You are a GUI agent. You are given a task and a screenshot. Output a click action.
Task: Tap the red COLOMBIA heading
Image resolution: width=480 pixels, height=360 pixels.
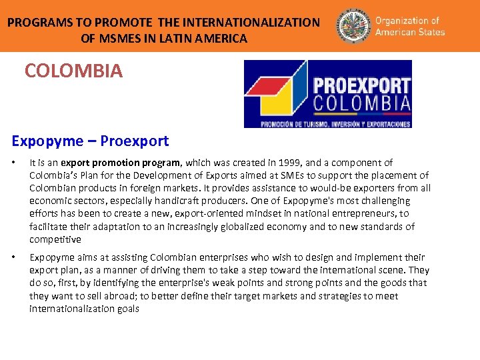pos(73,71)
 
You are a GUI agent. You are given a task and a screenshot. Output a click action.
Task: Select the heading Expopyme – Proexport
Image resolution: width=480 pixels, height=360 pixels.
pos(90,141)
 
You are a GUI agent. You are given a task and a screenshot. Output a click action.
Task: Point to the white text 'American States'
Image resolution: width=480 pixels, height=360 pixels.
pos(410,32)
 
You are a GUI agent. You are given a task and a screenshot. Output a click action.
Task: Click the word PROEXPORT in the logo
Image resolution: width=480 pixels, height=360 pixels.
pos(361,86)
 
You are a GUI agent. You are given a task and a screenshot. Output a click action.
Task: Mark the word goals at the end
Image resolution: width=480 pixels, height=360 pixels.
pos(127,309)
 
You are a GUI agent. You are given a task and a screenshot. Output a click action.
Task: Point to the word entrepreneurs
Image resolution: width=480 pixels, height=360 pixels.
pos(355,213)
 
